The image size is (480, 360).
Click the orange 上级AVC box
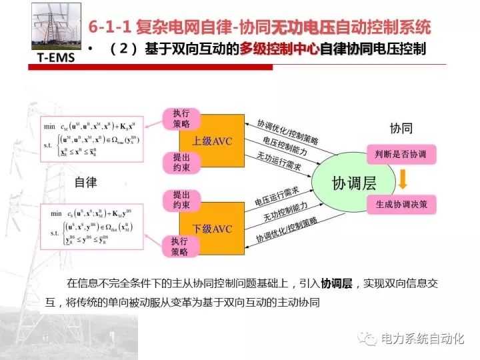212,141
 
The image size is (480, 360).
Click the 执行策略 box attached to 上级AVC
181,119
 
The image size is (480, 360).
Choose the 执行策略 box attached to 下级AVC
181,246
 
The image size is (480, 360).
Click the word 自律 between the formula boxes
85,182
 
